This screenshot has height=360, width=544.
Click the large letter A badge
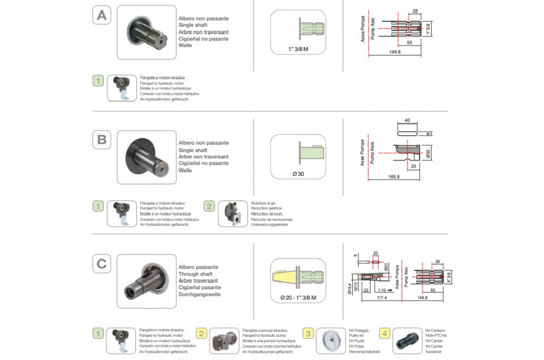click(x=102, y=15)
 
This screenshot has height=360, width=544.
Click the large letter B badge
click(x=102, y=139)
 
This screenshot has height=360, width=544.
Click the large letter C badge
click(x=102, y=264)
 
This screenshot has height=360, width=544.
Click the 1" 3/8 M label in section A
click(x=298, y=49)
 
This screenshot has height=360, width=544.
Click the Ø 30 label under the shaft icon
click(x=298, y=174)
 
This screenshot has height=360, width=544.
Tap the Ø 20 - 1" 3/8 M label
click(x=298, y=298)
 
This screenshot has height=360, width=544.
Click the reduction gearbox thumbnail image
click(x=233, y=214)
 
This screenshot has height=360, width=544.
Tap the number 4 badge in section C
click(x=385, y=333)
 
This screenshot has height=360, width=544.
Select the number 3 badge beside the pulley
click(x=308, y=333)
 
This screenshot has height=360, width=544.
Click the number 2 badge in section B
click(x=209, y=206)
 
